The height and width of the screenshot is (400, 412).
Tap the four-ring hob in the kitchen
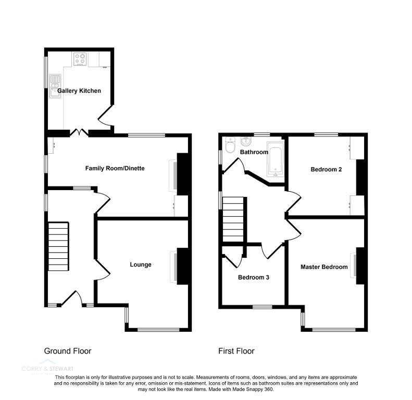80,59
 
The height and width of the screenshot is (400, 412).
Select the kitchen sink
55,86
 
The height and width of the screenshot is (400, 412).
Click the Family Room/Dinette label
115,169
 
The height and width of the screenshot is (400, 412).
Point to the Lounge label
141,265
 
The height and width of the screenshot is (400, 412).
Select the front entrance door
70,299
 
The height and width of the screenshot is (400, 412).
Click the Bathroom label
254,153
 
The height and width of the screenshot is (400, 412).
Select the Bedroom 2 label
326,169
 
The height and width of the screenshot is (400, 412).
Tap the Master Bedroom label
324,267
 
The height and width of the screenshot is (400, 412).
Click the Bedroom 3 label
254,278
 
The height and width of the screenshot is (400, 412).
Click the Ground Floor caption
68,351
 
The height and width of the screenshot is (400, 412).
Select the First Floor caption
236,351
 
